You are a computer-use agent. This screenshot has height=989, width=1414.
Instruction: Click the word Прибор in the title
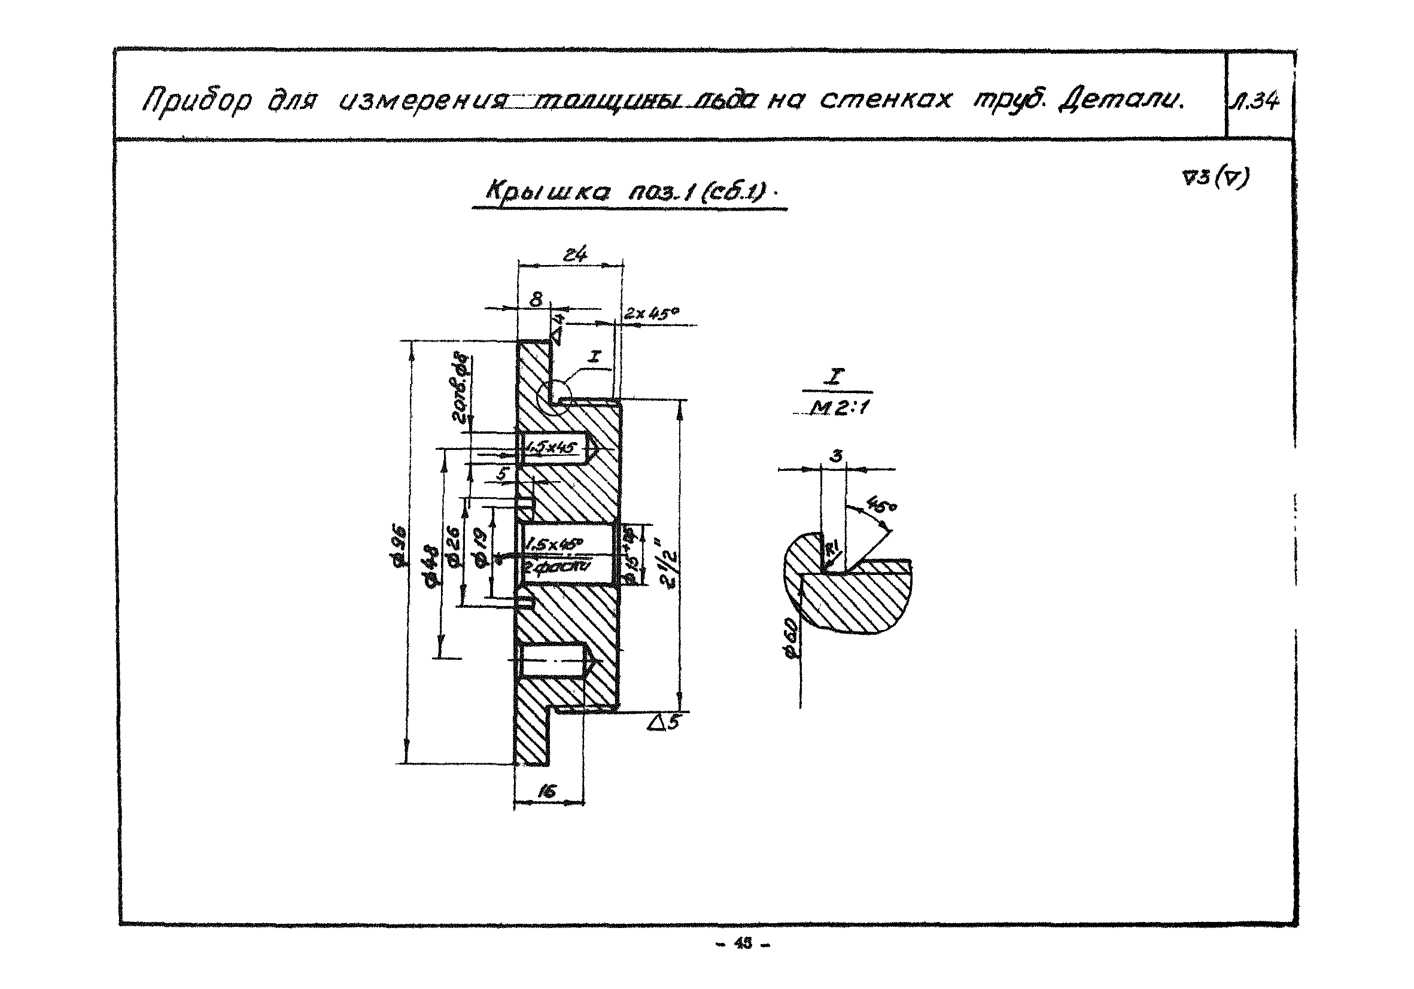[196, 101]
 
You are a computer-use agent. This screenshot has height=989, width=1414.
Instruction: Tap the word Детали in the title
[1120, 99]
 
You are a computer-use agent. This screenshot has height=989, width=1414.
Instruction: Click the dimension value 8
[536, 300]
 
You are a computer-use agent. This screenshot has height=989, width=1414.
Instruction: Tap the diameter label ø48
[432, 564]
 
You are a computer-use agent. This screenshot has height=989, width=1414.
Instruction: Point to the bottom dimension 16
[546, 792]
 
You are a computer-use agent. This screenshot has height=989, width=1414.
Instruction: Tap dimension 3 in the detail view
[836, 456]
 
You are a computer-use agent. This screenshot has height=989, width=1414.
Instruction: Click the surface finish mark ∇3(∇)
[1215, 178]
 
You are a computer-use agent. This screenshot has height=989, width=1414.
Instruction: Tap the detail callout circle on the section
[555, 392]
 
